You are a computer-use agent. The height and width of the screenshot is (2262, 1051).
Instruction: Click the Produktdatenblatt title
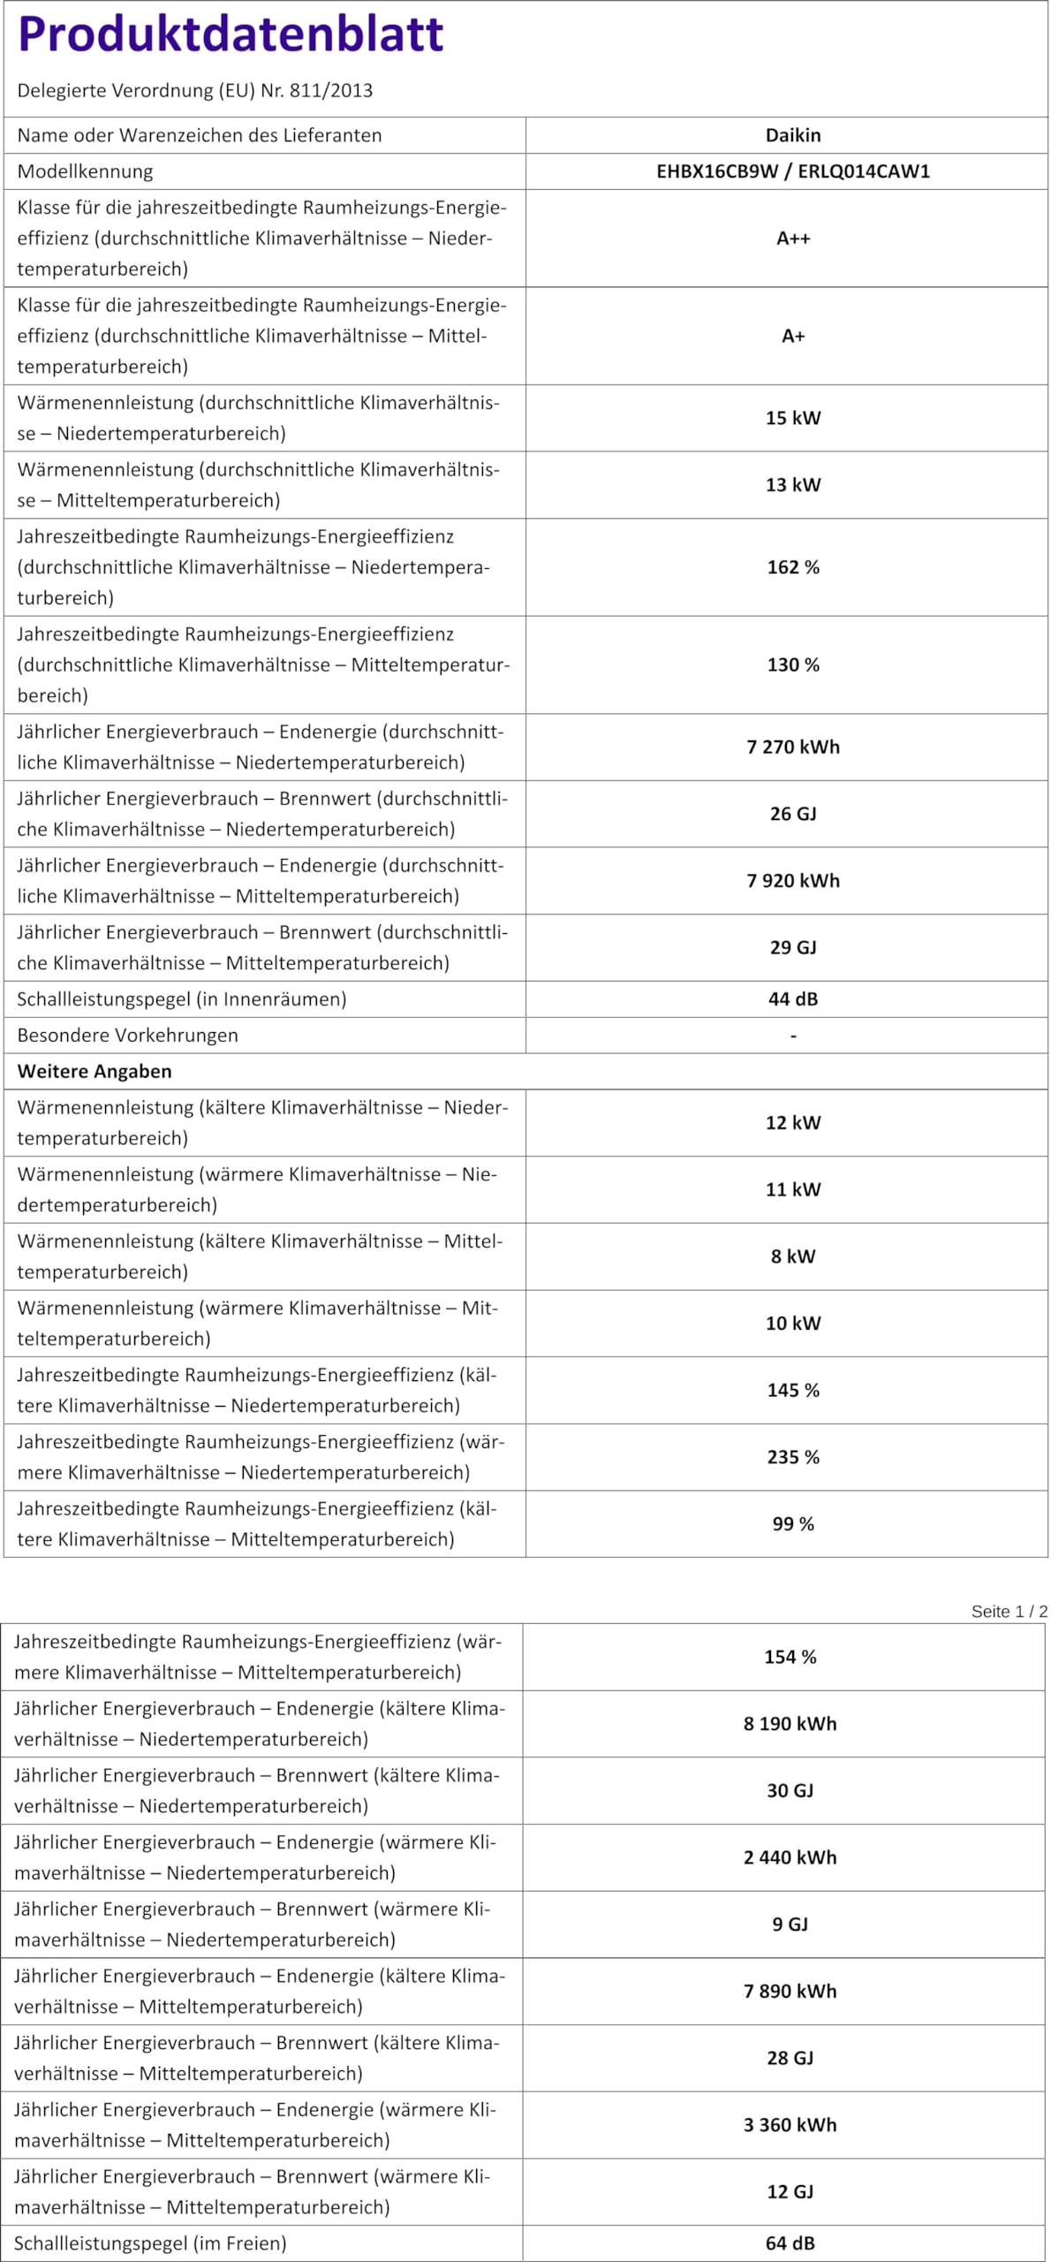[x=231, y=34]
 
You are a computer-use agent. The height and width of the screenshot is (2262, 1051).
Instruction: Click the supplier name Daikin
[x=792, y=135]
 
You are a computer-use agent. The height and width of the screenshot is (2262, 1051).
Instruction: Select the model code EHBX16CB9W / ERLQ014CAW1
[x=792, y=171]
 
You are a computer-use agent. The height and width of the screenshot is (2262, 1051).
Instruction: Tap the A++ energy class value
[x=792, y=239]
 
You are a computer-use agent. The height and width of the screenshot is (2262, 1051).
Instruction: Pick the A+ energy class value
[x=792, y=336]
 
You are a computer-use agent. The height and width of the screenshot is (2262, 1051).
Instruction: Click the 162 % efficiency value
[x=792, y=567]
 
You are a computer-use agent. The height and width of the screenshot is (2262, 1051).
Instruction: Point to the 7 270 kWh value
[x=792, y=747]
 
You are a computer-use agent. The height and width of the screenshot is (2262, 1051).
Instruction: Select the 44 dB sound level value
[x=792, y=999]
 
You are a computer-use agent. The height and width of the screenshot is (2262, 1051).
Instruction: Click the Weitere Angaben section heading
[x=95, y=1071]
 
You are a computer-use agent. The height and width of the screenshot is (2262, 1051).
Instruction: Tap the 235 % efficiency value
[x=792, y=1457]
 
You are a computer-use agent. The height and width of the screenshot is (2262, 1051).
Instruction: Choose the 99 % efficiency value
[x=792, y=1524]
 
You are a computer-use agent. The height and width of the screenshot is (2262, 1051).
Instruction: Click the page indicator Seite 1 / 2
[x=1009, y=1611]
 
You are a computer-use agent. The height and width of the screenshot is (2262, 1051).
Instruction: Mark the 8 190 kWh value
[x=790, y=1724]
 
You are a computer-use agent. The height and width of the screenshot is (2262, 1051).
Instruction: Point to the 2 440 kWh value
[x=790, y=1857]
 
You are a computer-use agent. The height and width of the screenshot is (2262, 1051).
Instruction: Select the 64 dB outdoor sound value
[x=790, y=2243]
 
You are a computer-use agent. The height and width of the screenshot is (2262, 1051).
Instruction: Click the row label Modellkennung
[x=85, y=171]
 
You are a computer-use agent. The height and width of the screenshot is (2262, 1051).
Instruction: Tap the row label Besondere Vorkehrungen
[x=127, y=1036]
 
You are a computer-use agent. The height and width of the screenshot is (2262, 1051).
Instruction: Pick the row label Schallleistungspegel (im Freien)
[x=150, y=2243]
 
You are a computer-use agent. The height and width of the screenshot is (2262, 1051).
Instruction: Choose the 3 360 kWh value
[x=790, y=2125]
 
